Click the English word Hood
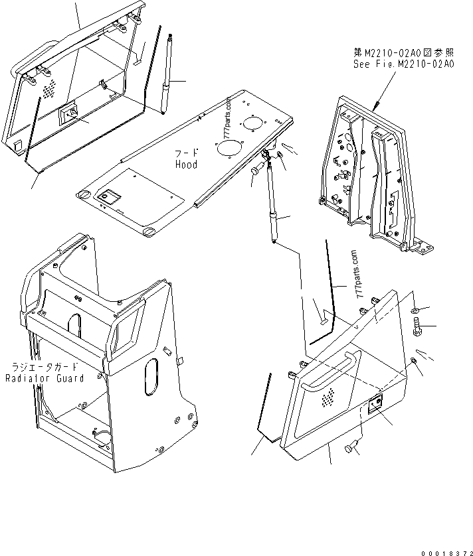(x=186, y=164)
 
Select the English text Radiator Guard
(x=45, y=378)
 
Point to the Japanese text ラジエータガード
(x=44, y=367)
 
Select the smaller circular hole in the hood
(x=251, y=123)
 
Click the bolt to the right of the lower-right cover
(x=418, y=327)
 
